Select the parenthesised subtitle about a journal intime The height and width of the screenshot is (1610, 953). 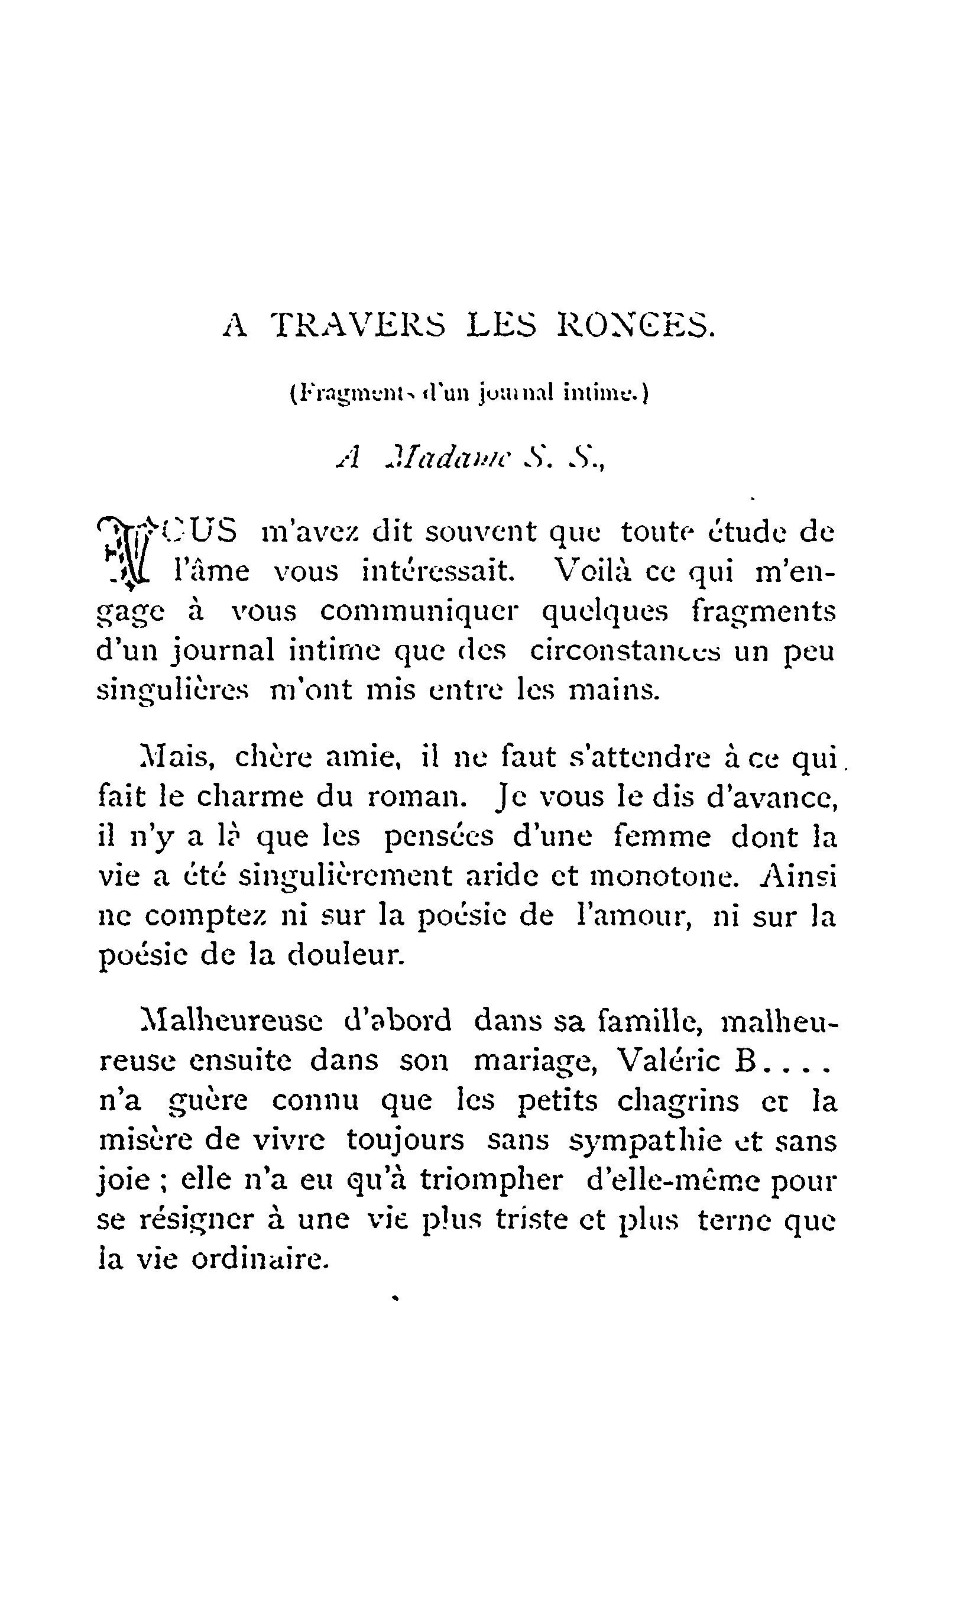coord(469,393)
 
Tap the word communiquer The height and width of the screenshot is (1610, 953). coord(419,611)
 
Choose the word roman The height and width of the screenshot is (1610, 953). coord(416,798)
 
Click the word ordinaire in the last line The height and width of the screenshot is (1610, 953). coord(260,1259)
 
